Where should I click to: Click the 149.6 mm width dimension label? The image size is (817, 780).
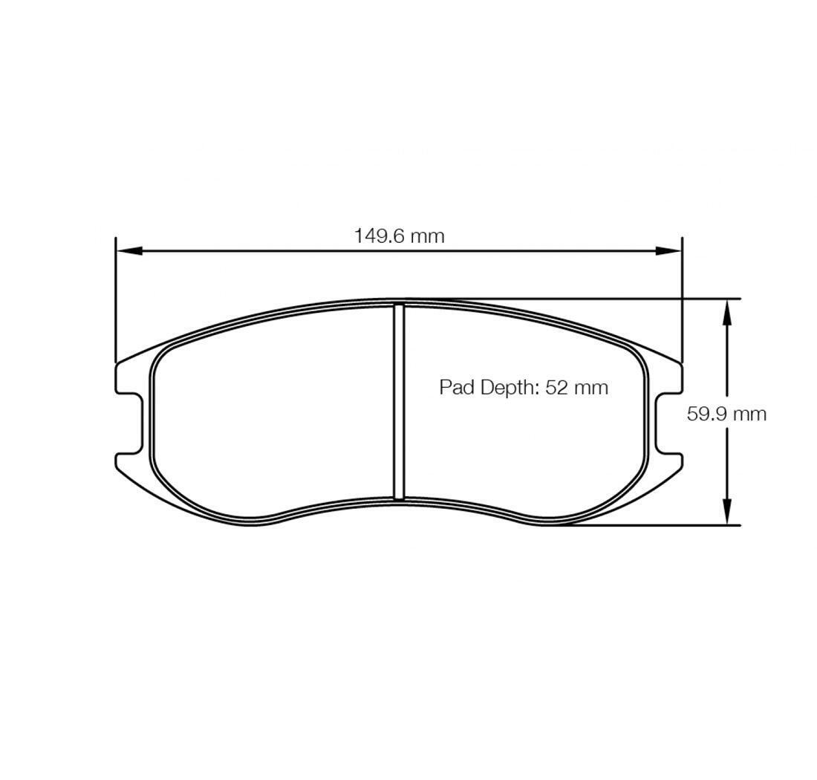[x=399, y=236]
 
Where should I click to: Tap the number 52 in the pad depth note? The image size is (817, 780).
[x=556, y=387]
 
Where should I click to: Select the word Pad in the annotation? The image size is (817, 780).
[x=458, y=387]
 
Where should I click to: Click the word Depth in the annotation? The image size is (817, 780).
[x=508, y=388]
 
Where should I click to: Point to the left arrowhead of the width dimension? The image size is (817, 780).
[x=128, y=250]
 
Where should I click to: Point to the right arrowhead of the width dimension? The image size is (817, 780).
[x=669, y=250]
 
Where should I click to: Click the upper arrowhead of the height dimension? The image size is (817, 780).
[x=727, y=312]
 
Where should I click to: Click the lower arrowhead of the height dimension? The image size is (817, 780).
[x=727, y=511]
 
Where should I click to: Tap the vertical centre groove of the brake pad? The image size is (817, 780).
[x=399, y=401]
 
